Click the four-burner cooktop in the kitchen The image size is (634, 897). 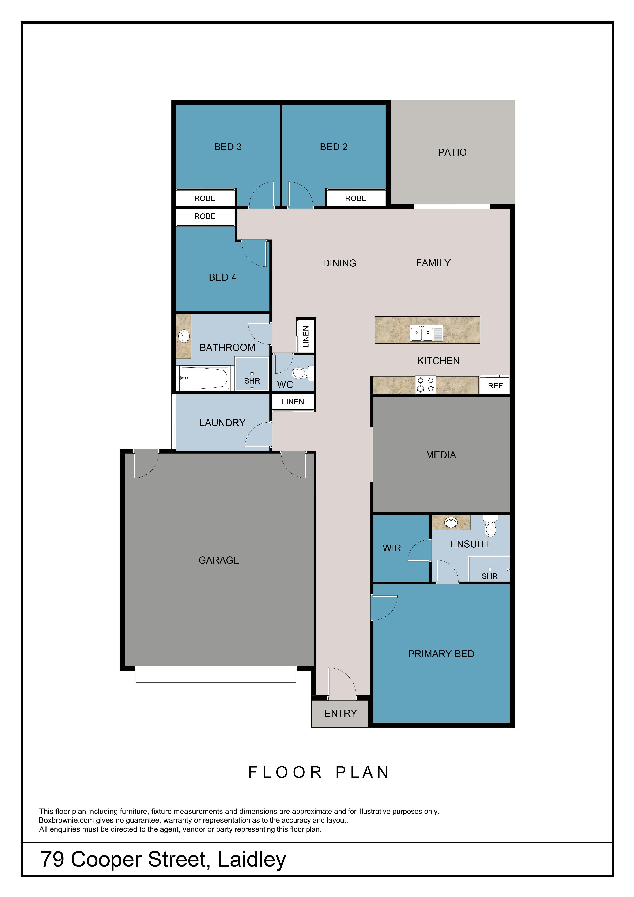click(x=425, y=385)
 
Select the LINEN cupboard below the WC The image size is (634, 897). click(x=293, y=402)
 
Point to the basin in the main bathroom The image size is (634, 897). click(x=184, y=336)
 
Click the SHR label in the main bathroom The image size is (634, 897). click(x=252, y=381)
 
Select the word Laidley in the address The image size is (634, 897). click(x=252, y=860)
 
